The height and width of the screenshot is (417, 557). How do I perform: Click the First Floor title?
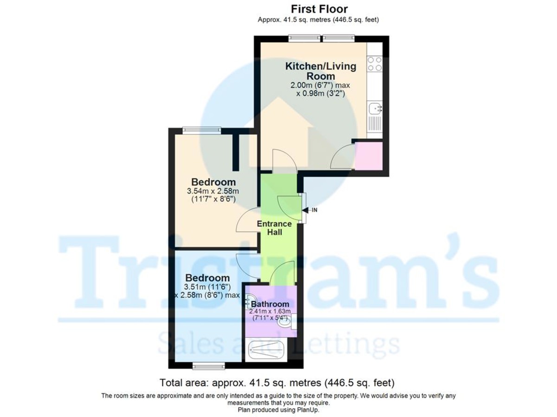click(319, 9)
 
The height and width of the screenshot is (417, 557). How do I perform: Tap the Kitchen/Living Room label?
click(320, 71)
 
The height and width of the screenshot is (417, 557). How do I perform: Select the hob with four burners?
click(374, 63)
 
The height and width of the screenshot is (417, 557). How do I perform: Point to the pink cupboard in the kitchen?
click(369, 156)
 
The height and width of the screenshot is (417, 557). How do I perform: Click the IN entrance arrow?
click(312, 210)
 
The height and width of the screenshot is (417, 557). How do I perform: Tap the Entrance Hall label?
click(275, 228)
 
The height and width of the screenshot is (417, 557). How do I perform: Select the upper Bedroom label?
click(214, 182)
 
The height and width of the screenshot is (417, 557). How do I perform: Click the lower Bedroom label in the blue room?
click(207, 278)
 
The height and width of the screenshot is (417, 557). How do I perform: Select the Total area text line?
click(277, 383)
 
